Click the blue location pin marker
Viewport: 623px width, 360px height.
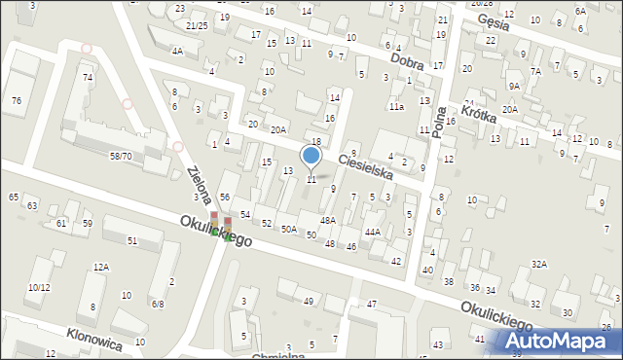(x=311, y=156)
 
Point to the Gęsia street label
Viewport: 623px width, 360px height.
(x=493, y=24)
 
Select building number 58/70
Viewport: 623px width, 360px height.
(x=121, y=156)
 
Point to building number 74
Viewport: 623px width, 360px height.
(x=88, y=77)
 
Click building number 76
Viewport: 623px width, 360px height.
(x=17, y=101)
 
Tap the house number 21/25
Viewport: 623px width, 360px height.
(x=198, y=25)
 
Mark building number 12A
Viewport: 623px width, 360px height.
(x=101, y=267)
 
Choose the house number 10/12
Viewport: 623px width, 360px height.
(x=39, y=288)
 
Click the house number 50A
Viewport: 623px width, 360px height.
(x=289, y=230)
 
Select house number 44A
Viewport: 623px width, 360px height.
(x=372, y=233)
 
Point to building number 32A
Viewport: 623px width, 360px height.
(x=538, y=265)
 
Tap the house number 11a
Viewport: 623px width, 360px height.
(x=396, y=106)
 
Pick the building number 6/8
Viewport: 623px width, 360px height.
(x=157, y=304)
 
